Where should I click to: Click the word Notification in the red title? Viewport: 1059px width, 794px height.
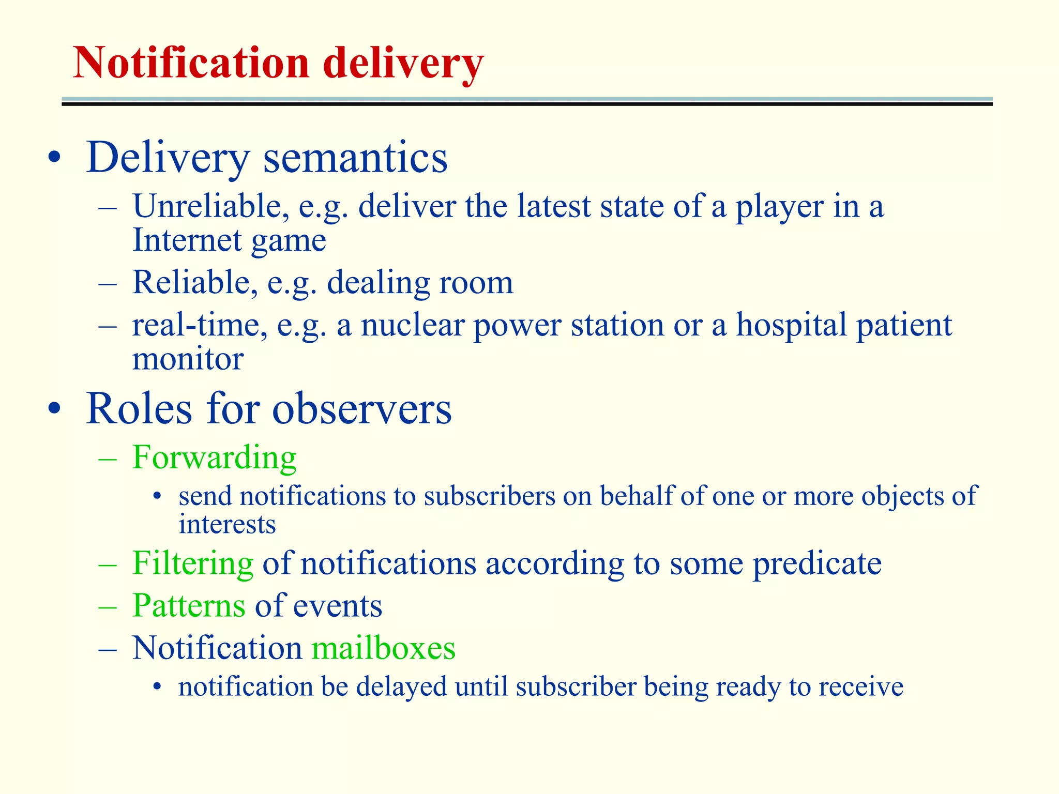click(x=190, y=63)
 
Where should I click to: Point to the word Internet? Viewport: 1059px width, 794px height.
click(x=187, y=240)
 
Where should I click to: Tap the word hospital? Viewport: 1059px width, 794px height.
click(x=791, y=325)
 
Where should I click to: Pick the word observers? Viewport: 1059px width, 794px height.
click(x=361, y=409)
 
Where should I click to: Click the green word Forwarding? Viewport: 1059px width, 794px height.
click(x=214, y=458)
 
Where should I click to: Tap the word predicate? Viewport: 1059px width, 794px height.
click(x=816, y=564)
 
